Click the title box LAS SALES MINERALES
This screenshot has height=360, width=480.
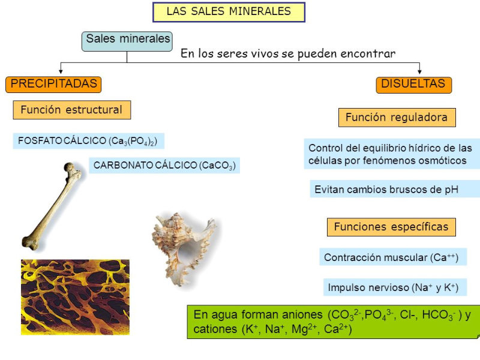point(229,12)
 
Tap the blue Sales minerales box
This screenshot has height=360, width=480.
point(127,41)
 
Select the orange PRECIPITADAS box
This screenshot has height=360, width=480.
point(53,85)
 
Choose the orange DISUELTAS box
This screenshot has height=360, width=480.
point(413,85)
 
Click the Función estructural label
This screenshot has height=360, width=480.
point(72,110)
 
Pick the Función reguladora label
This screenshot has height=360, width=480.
point(397,117)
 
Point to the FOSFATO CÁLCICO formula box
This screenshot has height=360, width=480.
point(88,141)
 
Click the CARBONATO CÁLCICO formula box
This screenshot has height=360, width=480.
point(164,166)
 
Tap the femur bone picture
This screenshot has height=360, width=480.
point(52,206)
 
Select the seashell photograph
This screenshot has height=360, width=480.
point(184,248)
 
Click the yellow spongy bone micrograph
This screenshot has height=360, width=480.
point(76,297)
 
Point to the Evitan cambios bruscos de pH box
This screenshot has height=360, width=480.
point(395,189)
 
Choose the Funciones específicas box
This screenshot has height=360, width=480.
point(391,227)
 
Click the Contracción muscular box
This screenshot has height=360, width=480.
point(393,257)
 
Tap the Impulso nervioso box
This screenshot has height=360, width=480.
point(395,287)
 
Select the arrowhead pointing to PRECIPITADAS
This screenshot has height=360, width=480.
point(61,71)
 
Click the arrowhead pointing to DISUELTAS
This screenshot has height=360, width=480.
point(419,71)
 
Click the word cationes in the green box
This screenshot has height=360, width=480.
point(215,329)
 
